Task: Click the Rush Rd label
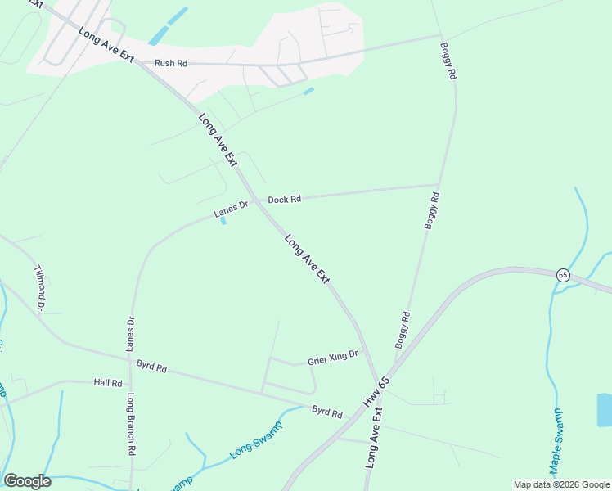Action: coord(170,62)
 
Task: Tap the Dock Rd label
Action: coord(285,199)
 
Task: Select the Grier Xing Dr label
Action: coord(333,358)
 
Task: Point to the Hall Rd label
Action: coord(107,382)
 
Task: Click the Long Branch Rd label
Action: coord(131,424)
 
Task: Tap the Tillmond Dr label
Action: coord(38,287)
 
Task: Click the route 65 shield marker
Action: coord(562,274)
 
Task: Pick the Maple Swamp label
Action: coord(556,440)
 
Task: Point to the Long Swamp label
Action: coord(255,438)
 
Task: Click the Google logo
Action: coord(27,481)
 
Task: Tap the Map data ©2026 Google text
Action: coord(560,484)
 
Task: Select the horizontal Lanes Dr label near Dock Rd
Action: coord(231,210)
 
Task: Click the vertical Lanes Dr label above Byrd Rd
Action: coord(129,335)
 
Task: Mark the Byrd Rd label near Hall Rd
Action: coord(151,367)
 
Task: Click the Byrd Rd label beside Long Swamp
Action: coord(326,411)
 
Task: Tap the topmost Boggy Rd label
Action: coord(448,61)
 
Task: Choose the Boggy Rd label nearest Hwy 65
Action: coord(403,329)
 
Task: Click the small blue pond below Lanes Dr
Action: coord(223,221)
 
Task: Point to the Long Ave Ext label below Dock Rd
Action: coord(308,259)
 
